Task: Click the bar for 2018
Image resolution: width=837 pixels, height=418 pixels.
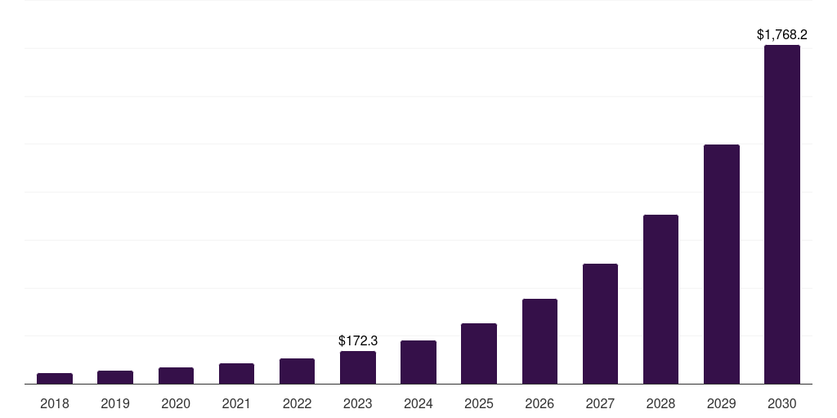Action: pos(55,378)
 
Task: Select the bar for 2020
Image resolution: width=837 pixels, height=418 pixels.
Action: pos(176,376)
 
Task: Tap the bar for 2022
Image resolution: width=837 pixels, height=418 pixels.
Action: pos(297,371)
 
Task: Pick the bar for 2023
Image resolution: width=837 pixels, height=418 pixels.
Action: pos(358,367)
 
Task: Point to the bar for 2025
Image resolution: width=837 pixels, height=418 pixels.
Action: pos(479,354)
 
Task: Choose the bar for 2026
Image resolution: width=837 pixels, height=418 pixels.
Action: pos(539,341)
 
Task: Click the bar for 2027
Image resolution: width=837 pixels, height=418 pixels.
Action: pos(600,323)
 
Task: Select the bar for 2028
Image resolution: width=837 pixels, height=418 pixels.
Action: pos(660,299)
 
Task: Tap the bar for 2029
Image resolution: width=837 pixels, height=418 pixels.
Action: pos(722,264)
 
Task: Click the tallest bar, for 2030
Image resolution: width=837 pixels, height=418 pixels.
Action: pos(782,214)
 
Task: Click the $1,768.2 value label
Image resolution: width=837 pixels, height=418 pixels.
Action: pos(782,34)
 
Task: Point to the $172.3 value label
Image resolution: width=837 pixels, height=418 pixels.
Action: pos(358,340)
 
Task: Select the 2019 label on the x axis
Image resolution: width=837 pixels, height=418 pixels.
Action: pos(115,403)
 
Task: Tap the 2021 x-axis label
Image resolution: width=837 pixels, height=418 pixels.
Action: pos(236,403)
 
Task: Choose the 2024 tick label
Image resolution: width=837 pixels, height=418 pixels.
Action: pos(418,403)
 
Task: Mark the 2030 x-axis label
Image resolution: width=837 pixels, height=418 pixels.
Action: pos(782,403)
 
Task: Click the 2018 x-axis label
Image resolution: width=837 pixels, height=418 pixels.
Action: pos(55,403)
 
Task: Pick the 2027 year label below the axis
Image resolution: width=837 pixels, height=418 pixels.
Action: pos(600,403)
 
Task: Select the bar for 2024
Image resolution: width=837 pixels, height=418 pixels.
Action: pos(418,362)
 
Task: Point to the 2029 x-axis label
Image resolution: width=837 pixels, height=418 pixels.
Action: pos(722,403)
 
